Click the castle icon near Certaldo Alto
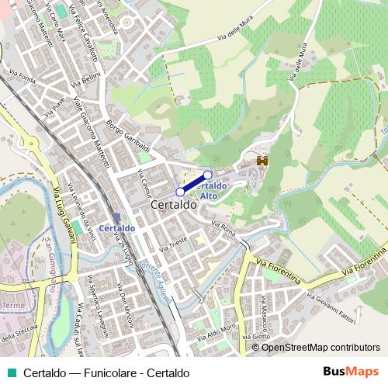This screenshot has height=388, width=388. (262, 161)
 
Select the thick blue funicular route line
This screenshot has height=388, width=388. (194, 183)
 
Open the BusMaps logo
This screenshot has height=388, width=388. (351, 372)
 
